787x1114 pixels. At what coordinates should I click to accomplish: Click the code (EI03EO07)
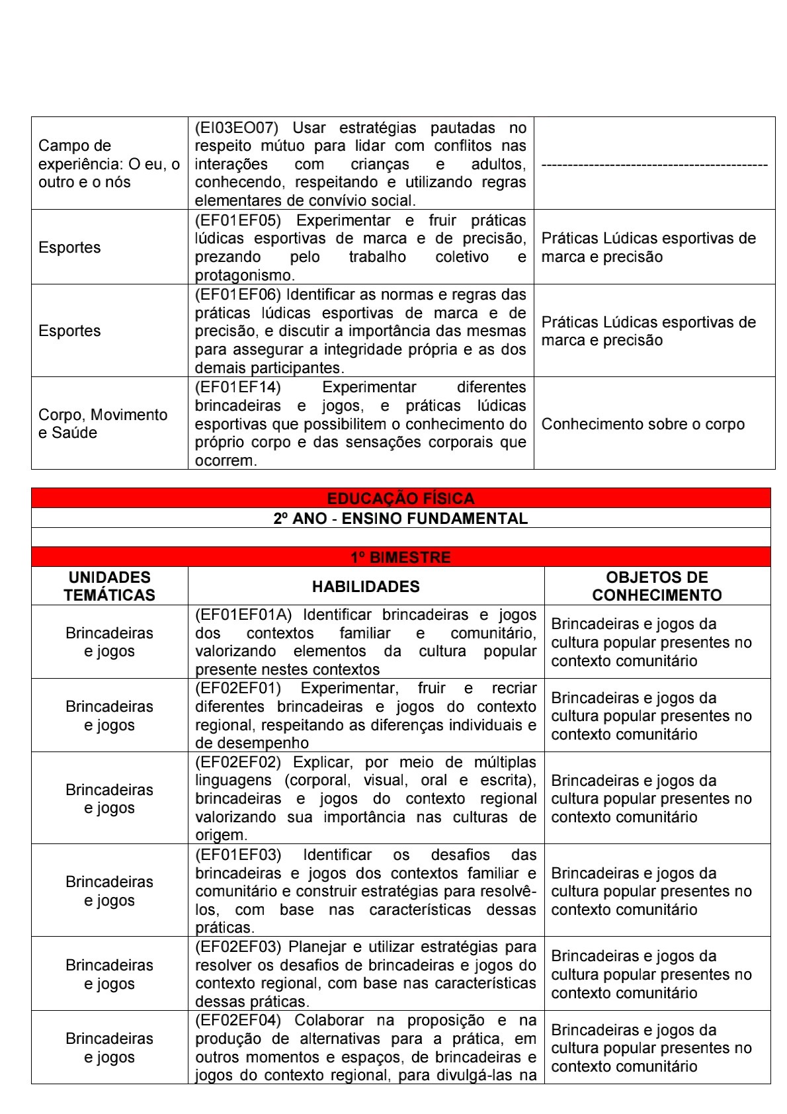(x=236, y=128)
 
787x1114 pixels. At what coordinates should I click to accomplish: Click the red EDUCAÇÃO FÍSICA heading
(x=401, y=498)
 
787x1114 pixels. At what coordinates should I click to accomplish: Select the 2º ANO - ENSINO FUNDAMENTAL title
(x=401, y=519)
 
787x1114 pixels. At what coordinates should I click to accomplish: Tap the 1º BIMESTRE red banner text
(x=401, y=558)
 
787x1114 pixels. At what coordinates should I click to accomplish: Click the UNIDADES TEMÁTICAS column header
(x=110, y=586)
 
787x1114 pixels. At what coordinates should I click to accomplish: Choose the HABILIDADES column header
(x=366, y=587)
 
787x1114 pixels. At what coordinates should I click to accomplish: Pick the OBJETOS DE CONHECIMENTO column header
(x=657, y=586)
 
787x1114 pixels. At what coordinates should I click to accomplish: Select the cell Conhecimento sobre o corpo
(x=643, y=424)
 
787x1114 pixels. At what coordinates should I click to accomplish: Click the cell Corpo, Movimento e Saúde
(x=103, y=423)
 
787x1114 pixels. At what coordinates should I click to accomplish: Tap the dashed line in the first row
(x=654, y=165)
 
